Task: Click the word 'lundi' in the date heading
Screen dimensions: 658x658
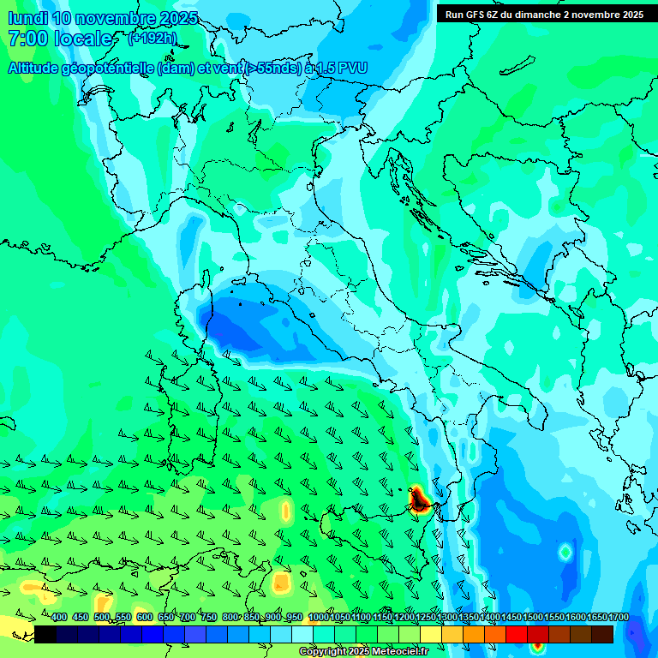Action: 27,18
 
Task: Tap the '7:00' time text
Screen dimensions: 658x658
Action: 27,39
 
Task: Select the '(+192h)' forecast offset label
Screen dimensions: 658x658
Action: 153,39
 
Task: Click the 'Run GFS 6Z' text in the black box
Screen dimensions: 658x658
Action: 474,14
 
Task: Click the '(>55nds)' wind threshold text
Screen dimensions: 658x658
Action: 272,68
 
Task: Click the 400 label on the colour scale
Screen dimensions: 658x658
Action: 59,618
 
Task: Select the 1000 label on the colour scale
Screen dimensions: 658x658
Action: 318,618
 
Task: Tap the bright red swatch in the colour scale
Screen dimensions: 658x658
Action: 517,634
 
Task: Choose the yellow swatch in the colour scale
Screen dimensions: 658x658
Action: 431,634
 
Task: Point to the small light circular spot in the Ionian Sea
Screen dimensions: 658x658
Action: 565,553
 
